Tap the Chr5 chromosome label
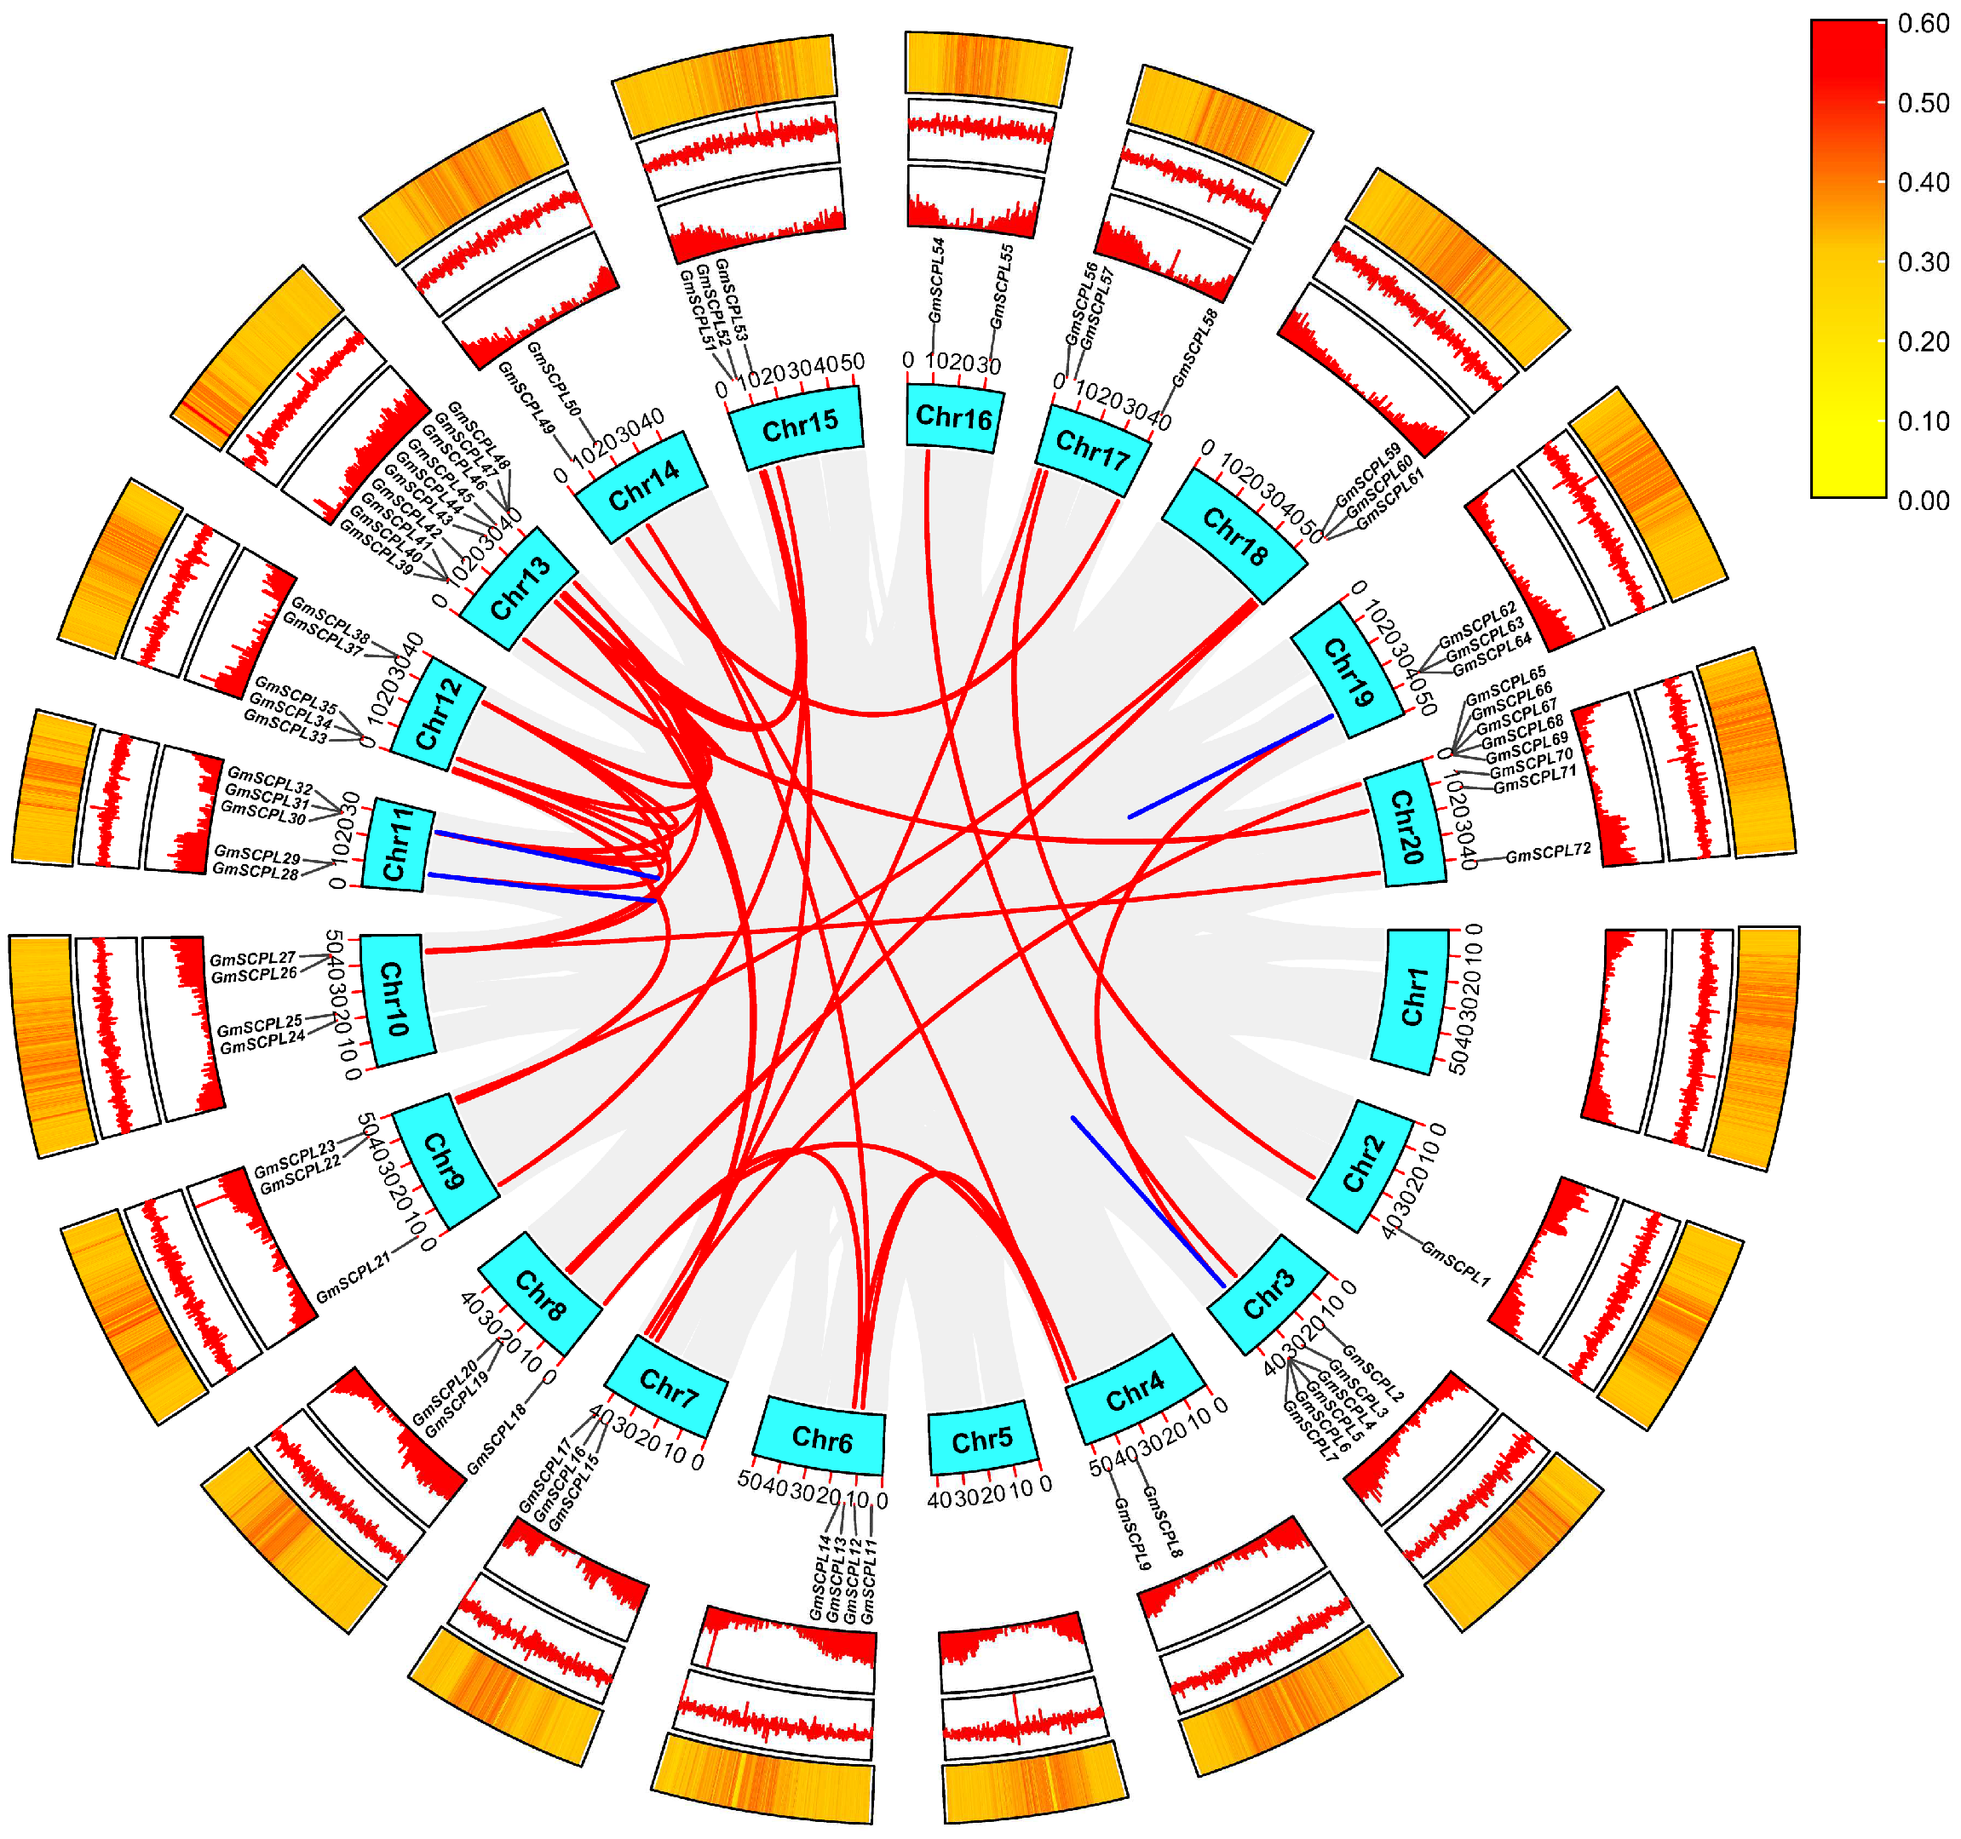981,1441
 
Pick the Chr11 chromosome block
398,846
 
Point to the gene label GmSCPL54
937,281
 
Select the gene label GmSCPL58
1194,348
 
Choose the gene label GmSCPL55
1002,287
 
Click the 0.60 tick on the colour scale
1923,24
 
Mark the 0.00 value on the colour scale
1923,501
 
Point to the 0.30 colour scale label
1923,262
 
